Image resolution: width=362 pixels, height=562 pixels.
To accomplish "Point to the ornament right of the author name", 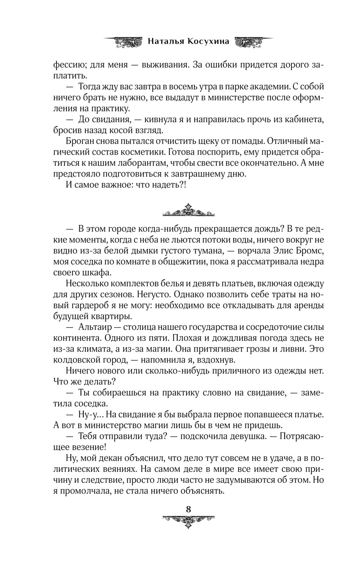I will click(x=253, y=41).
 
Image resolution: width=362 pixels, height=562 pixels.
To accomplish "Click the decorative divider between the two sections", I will click(x=189, y=211).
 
